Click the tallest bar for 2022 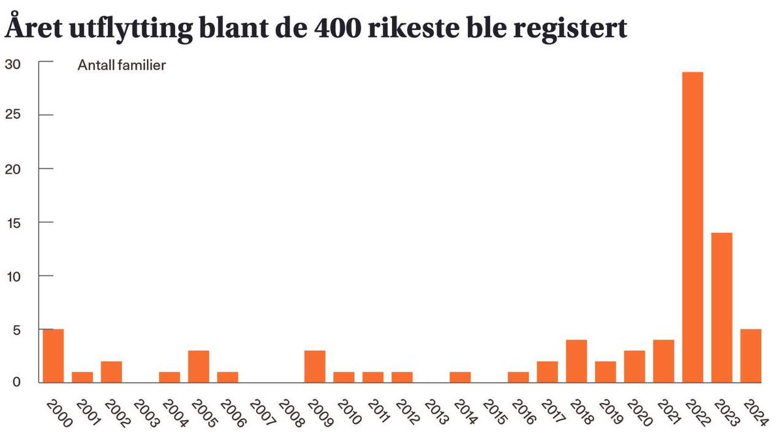[693, 227]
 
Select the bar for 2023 [722, 307]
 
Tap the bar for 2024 [751, 356]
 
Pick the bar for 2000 [53, 356]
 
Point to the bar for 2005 [199, 367]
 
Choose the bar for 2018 [576, 361]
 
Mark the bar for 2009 [315, 367]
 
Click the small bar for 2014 [460, 377]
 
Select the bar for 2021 [664, 361]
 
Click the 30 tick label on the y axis [13, 63]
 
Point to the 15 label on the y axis [13, 223]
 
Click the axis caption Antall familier [121, 65]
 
